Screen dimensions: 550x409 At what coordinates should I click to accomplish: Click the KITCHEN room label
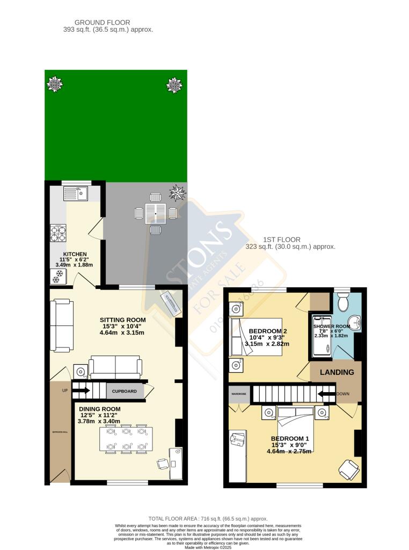(x=75, y=254)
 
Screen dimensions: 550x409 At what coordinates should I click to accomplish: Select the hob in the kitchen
(x=58, y=233)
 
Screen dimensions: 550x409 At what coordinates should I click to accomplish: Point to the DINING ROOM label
(x=97, y=409)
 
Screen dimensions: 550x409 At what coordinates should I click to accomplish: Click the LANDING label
(x=337, y=372)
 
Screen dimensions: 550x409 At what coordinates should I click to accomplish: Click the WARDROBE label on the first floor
(x=238, y=393)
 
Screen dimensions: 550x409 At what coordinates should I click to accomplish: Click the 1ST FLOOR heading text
(x=281, y=240)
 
